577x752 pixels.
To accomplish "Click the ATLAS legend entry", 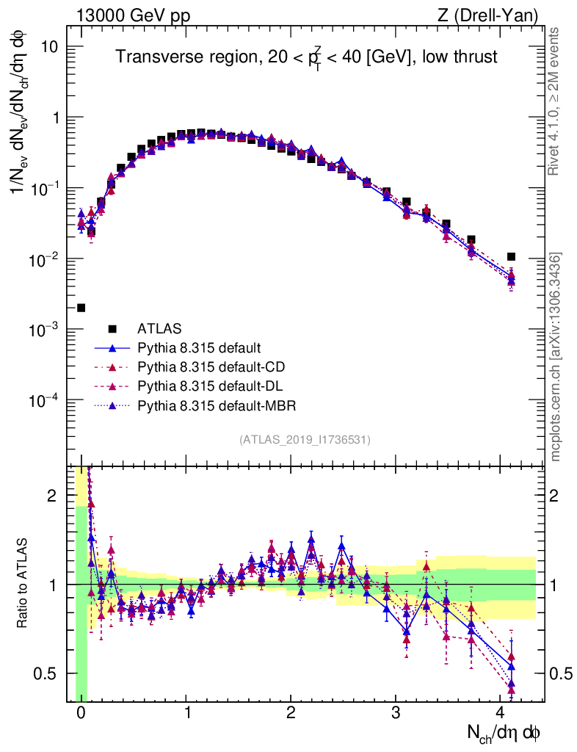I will point(159,328).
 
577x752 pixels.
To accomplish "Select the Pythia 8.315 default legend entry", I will point(199,347).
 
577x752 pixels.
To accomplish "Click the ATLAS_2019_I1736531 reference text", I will point(305,440).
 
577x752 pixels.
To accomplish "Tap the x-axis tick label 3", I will point(396,713).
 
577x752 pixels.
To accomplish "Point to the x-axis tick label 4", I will point(501,713).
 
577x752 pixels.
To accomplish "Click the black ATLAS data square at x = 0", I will point(81,308).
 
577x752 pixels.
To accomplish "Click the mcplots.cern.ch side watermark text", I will point(556,357).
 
